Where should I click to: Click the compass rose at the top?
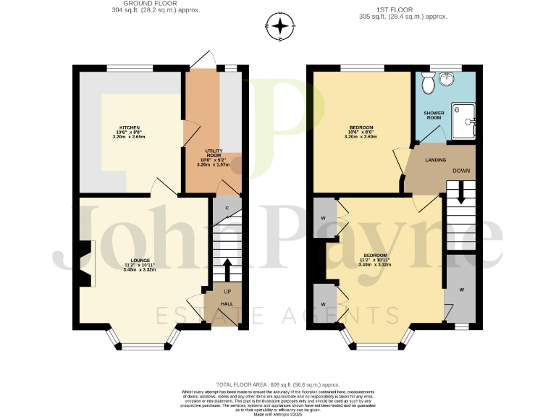tap(281, 28)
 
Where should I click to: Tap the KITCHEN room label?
tap(130, 127)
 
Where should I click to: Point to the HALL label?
tap(227, 304)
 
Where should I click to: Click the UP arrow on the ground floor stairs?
tap(227, 270)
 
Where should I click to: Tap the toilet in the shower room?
tap(428, 84)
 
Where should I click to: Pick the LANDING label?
tap(435, 159)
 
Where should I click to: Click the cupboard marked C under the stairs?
tap(227, 208)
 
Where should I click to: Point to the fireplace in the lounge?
tap(85, 264)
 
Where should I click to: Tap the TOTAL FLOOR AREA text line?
tap(278, 384)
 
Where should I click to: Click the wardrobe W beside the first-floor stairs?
tap(460, 290)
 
